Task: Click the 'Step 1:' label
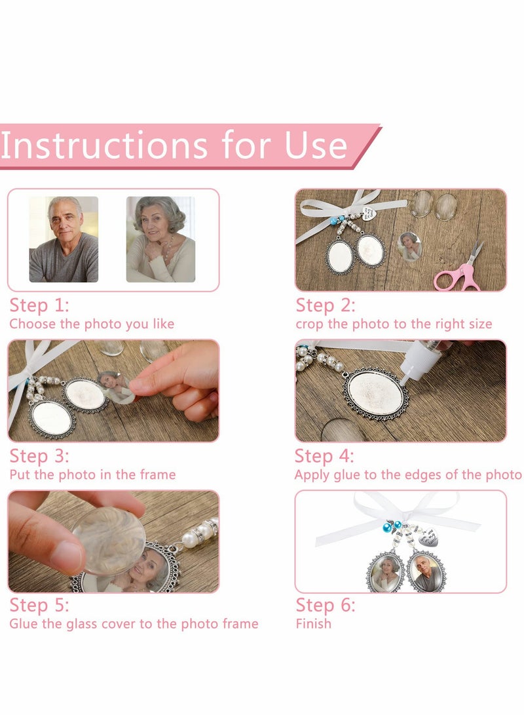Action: [39, 305]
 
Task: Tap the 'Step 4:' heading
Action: [324, 456]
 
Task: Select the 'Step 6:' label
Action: [326, 605]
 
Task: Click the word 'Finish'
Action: [314, 623]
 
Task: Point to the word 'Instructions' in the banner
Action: [104, 145]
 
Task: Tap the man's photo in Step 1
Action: [64, 239]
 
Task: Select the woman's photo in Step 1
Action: [160, 239]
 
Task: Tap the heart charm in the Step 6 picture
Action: [428, 539]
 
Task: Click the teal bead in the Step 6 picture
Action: [388, 528]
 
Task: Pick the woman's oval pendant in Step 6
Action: [386, 572]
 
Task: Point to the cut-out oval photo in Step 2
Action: [409, 246]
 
